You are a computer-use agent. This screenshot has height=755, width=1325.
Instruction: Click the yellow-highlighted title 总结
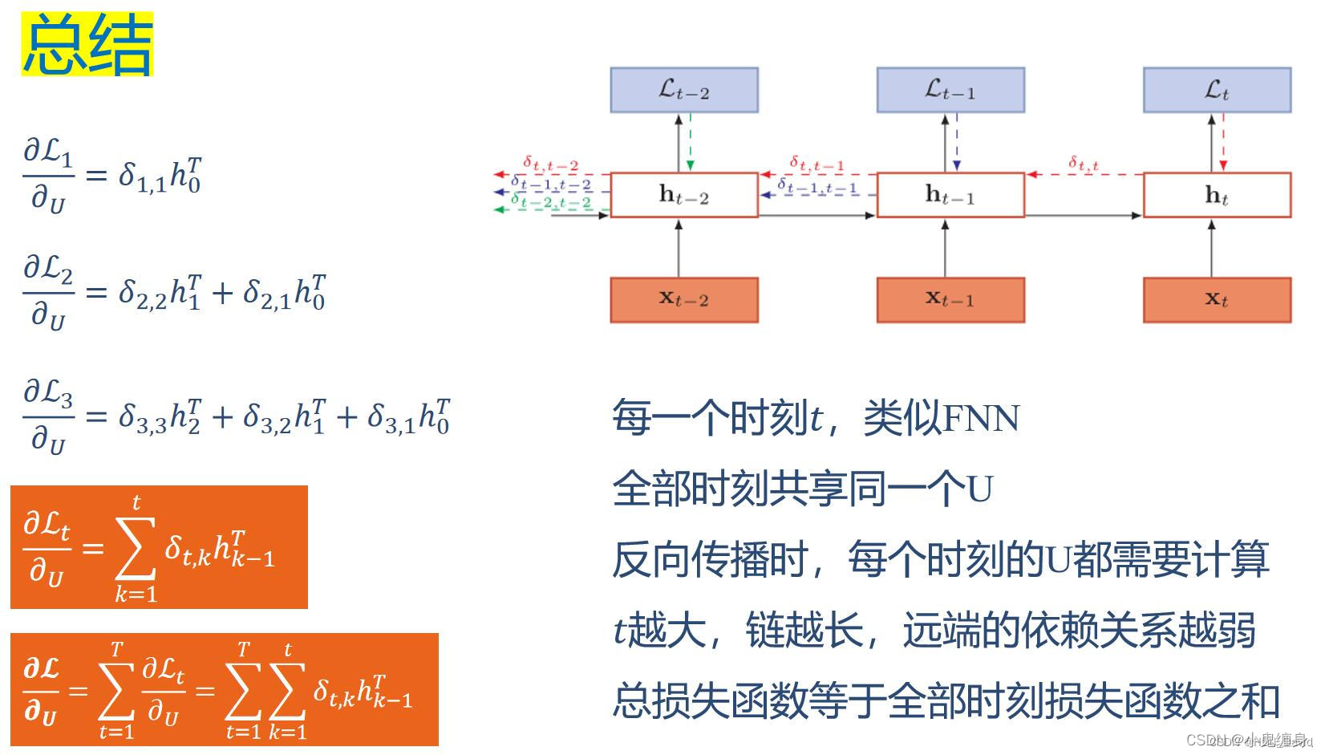87,46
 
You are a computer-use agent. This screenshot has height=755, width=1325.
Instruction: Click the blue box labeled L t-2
683,90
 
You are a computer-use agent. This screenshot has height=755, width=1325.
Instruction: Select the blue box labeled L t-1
950,90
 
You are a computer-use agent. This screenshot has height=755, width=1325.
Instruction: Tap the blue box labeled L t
1216,90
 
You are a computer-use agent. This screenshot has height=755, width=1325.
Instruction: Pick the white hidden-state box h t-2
683,195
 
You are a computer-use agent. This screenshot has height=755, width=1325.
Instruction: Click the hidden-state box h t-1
950,195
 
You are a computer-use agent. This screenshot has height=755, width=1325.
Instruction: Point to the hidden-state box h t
1216,195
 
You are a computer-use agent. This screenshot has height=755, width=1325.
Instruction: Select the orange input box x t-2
683,299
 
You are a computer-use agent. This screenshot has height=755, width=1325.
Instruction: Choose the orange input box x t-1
950,299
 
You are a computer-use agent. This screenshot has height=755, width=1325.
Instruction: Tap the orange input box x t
1216,299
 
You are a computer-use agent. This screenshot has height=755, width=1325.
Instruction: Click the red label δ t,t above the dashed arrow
1083,164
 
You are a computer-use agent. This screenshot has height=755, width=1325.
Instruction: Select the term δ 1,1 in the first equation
142,176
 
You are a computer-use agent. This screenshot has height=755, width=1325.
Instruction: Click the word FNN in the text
980,418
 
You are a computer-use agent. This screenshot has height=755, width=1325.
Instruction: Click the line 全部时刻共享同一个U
802,488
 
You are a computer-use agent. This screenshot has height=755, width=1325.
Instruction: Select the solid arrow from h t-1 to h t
1083,215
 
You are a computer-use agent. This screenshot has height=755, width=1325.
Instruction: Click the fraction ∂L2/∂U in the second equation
48,292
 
